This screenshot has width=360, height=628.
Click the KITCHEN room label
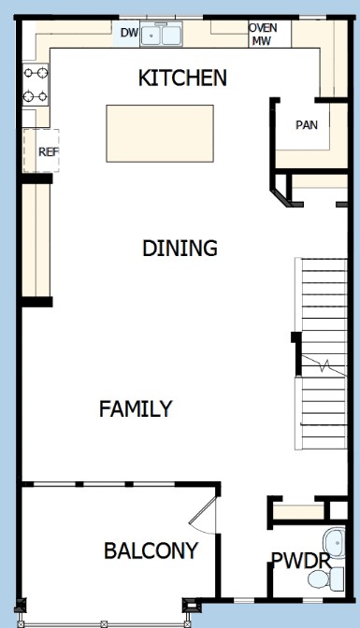[182, 78]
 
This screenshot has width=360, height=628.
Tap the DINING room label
[180, 248]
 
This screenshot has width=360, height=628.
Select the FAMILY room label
[136, 408]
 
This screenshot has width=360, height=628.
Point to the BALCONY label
[151, 550]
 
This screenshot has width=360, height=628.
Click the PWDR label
[301, 560]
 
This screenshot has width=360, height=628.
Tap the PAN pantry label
[307, 125]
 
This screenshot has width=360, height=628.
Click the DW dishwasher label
[129, 33]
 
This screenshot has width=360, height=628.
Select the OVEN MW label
[263, 34]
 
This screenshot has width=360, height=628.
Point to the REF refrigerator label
[49, 151]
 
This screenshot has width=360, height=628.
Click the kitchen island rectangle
[160, 134]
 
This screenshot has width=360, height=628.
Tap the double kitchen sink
[161, 35]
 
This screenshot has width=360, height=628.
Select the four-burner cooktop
[36, 84]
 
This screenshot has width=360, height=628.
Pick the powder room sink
[335, 542]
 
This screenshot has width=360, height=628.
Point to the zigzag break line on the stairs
[324, 365]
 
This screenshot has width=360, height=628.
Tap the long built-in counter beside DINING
[36, 240]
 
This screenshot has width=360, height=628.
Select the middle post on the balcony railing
[104, 623]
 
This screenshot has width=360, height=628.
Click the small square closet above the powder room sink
[338, 510]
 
